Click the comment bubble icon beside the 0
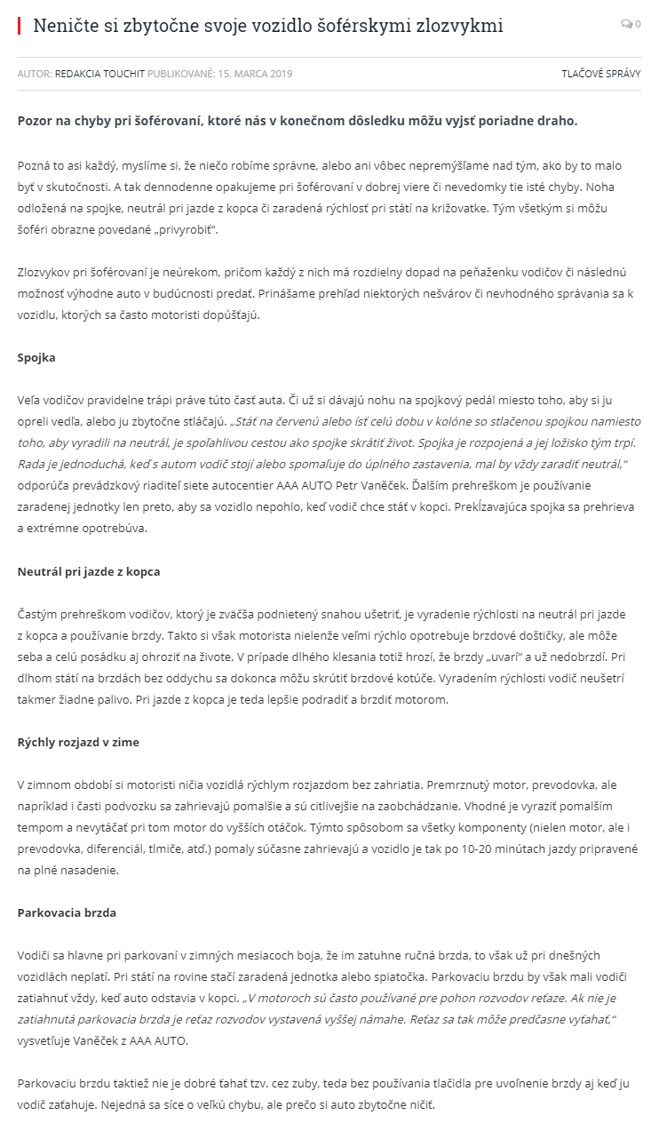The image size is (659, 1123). click(x=626, y=25)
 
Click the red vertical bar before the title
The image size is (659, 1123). click(x=19, y=26)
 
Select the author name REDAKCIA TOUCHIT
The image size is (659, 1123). click(x=99, y=74)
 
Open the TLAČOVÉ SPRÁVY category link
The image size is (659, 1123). click(x=600, y=74)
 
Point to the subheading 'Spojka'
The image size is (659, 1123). click(x=36, y=358)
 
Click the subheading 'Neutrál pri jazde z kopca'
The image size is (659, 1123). click(x=89, y=571)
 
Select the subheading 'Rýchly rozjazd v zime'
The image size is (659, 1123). click(x=78, y=742)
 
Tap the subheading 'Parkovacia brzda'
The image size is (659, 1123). click(x=67, y=912)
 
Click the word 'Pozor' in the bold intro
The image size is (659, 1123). click(x=36, y=120)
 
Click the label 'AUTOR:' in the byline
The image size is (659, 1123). click(x=35, y=74)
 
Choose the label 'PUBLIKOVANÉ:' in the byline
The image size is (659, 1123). click(x=180, y=74)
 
